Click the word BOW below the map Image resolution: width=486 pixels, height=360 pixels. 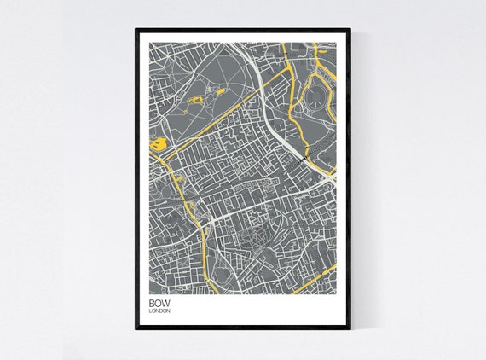(158, 302)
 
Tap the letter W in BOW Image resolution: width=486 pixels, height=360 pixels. (165, 302)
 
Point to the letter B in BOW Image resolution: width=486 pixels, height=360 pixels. (151, 302)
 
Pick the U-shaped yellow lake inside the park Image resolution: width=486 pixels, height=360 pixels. (195, 101)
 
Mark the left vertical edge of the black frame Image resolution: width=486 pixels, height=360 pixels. (136, 179)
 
